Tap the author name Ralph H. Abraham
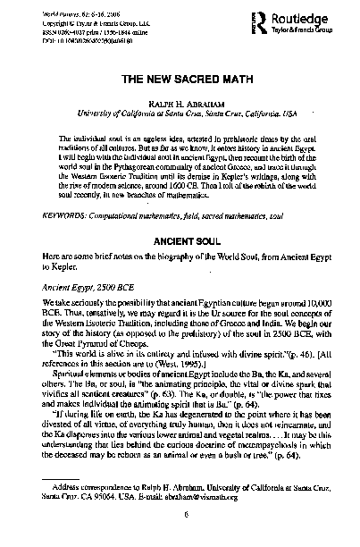[x=180, y=102]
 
